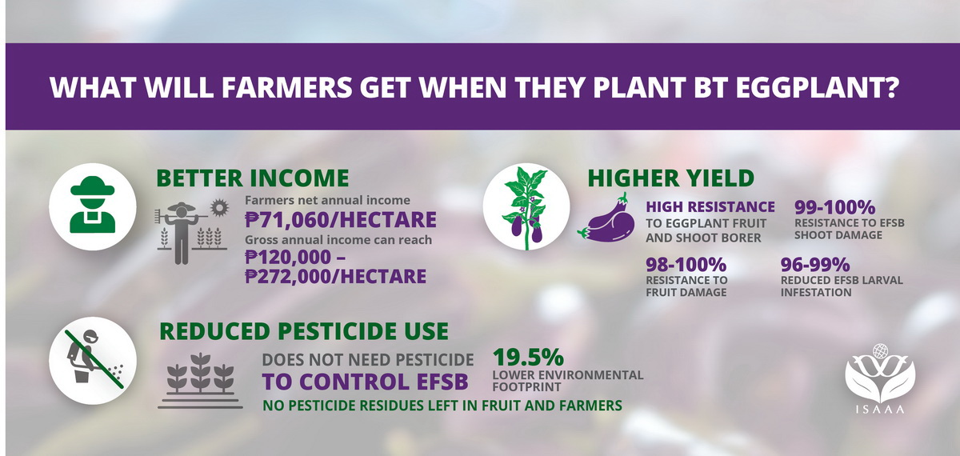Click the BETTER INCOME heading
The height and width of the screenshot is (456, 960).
pos(252,178)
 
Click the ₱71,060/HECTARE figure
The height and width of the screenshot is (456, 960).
pos(341,219)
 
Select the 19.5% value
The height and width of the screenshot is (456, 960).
pos(529,356)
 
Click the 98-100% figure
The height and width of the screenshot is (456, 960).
pos(686,263)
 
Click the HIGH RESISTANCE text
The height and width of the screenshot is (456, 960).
pos(710,206)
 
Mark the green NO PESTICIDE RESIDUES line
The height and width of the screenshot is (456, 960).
pos(442,406)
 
